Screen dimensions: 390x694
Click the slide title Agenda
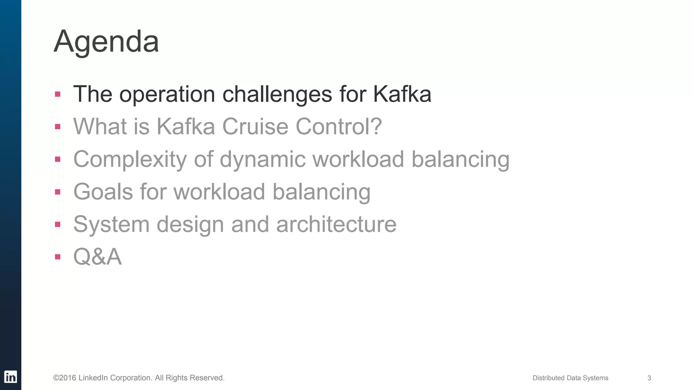[106, 42]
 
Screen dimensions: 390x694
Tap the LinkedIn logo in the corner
[11, 377]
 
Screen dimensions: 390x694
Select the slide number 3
[649, 378]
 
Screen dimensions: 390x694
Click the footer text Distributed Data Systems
[570, 378]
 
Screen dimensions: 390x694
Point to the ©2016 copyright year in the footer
[65, 378]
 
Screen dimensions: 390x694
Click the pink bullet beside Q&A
[58, 257]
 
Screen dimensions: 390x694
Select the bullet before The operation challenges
[58, 94]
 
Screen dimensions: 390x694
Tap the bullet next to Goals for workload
[58, 192]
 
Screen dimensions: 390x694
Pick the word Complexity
[130, 159]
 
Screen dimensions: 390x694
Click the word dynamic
[263, 159]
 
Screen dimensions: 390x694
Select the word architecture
[336, 224]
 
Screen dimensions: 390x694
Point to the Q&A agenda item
[98, 257]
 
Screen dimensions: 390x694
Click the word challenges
[277, 94]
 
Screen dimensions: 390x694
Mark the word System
[111, 224]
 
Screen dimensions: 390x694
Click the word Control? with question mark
[339, 127]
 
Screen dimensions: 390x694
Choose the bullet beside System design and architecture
[58, 224]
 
